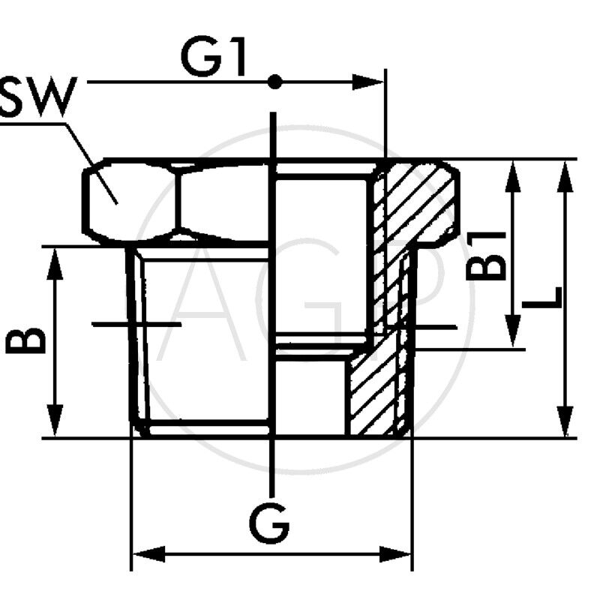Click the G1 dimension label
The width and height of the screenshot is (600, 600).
[x=214, y=58]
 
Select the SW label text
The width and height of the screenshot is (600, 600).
[x=37, y=99]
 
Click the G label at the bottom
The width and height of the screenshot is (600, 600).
[x=269, y=523]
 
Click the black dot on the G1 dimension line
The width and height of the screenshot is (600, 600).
[x=275, y=82]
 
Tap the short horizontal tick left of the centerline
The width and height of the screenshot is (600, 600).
[x=136, y=324]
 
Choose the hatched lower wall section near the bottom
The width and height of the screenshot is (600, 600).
[x=375, y=397]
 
